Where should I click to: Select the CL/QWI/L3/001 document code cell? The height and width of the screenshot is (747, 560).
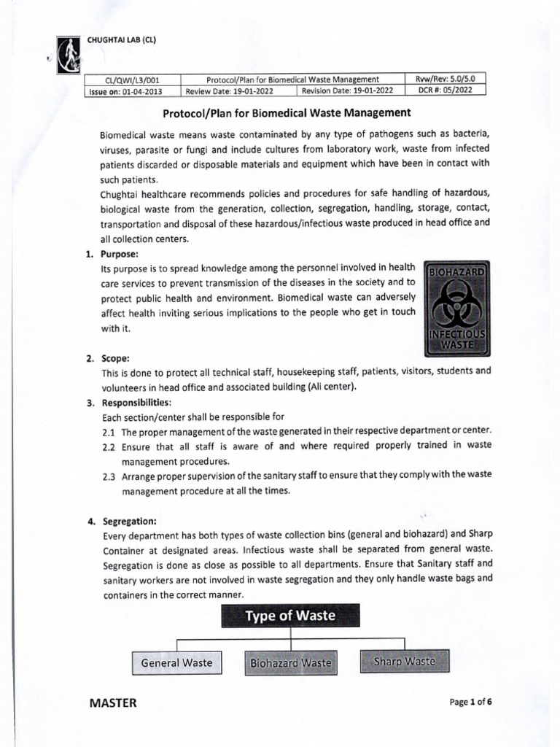tap(123, 80)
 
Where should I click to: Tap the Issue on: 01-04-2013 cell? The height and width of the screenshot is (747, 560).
tap(123, 91)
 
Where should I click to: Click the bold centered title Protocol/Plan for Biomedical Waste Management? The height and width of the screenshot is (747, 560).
tap(286, 113)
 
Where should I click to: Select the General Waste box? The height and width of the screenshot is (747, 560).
tap(177, 662)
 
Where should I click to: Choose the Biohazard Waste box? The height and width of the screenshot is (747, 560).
tap(290, 663)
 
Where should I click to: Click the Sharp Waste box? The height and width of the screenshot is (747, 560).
tap(403, 662)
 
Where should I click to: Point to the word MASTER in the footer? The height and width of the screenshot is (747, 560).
tap(112, 703)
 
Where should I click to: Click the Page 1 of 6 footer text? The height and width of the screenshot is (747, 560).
tap(475, 703)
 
